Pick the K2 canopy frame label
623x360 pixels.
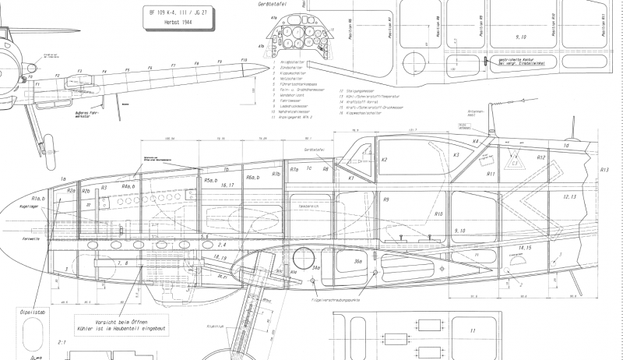pos(384,160)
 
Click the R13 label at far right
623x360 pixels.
pos(604,168)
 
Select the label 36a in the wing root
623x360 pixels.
pos(357,262)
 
